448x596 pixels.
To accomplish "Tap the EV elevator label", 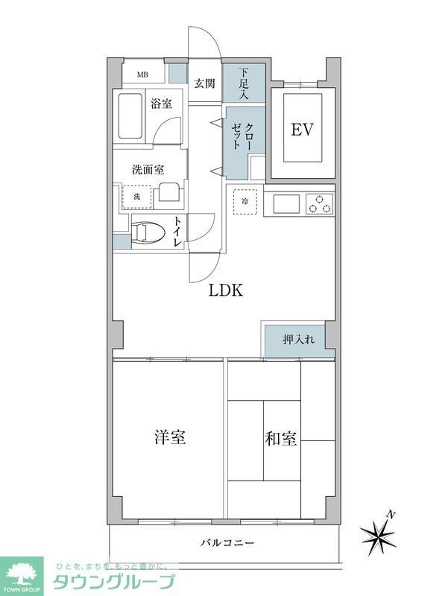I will coord(301,130).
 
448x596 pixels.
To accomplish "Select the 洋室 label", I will coord(170,437).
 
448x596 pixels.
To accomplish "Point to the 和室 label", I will coord(281,438).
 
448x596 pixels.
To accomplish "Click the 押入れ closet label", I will coord(298,340).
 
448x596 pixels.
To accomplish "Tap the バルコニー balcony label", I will coord(227,542).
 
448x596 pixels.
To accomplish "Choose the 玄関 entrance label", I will coord(205,83).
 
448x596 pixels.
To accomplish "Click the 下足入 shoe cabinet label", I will coord(244,83).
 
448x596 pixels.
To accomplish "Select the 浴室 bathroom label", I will coord(161,104).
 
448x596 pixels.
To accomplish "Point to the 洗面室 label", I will coord(148,169).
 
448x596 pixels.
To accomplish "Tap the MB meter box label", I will coord(142,74).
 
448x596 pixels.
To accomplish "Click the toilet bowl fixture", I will coord(148,233).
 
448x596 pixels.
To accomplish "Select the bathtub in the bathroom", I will coord(131,116).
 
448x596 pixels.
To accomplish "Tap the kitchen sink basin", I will coord(286,203).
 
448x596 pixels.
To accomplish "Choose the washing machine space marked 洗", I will coord(136,196).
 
